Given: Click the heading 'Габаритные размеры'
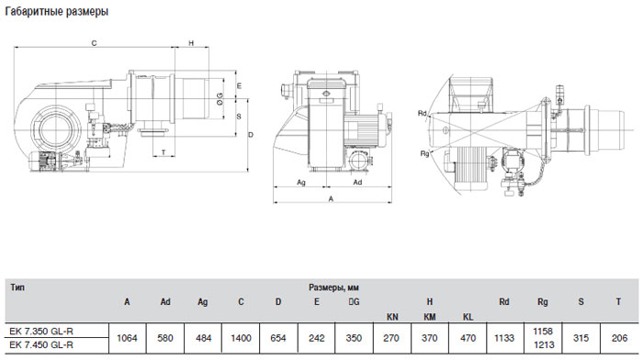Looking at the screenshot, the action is click(x=57, y=12).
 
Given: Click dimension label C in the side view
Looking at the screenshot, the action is click(x=94, y=43).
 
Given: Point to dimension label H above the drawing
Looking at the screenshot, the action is click(x=191, y=43).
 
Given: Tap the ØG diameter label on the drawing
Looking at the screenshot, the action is click(x=220, y=99).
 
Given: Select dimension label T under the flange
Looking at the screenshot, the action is click(x=164, y=152).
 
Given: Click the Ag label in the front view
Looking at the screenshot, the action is click(x=301, y=183).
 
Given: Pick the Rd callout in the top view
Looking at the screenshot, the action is click(x=422, y=113).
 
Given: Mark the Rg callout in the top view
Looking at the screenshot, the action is click(x=424, y=153).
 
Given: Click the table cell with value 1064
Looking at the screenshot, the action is click(x=127, y=338).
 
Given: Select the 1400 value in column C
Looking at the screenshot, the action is click(x=241, y=338).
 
